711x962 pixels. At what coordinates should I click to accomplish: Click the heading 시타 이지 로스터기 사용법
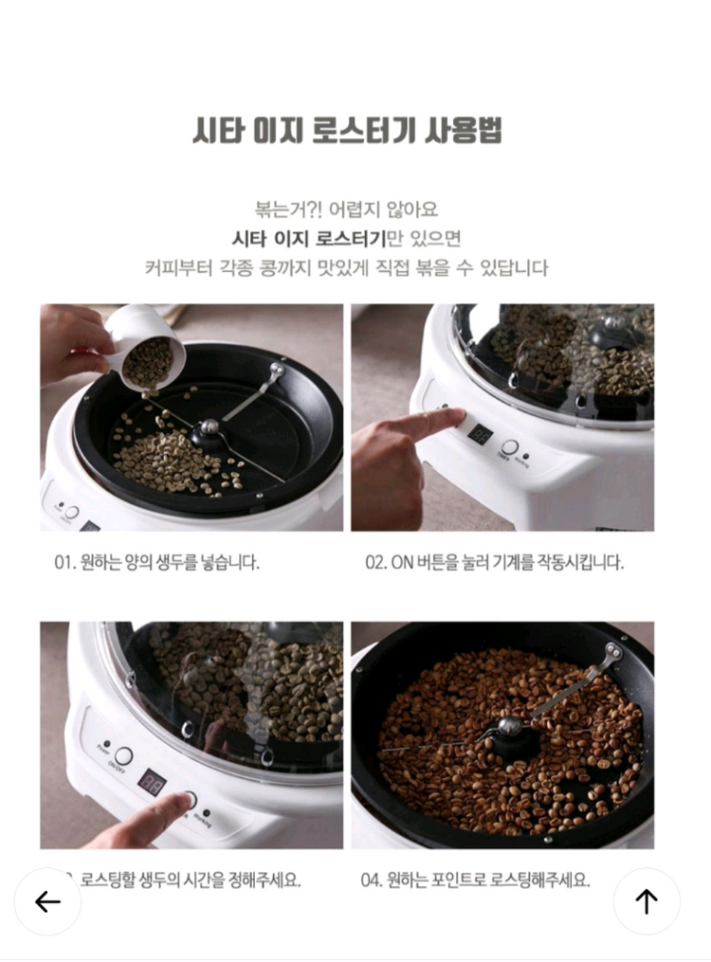tap(346, 130)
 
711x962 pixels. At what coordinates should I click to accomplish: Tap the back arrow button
tap(47, 900)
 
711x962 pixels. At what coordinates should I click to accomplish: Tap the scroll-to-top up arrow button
tap(647, 900)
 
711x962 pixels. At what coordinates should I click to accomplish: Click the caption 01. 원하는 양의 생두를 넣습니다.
tap(156, 562)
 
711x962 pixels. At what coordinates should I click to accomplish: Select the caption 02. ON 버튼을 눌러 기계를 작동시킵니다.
tap(494, 562)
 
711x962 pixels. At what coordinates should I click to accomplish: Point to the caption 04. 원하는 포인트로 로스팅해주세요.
tap(475, 880)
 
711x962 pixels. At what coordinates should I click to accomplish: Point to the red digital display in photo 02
tap(480, 435)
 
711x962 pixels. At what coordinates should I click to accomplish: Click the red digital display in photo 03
tap(153, 783)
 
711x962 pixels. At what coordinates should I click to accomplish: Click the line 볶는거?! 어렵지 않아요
tap(346, 209)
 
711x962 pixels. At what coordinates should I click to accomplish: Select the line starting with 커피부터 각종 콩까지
tap(346, 267)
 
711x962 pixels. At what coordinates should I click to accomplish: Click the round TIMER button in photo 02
tap(510, 448)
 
